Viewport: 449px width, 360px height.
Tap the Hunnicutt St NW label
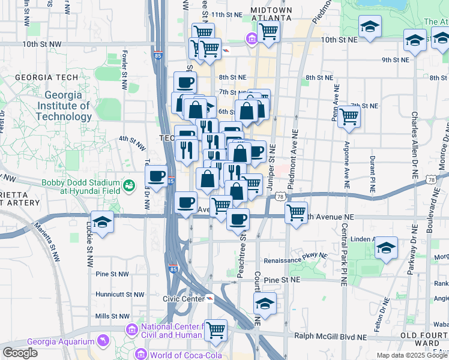tap(120, 295)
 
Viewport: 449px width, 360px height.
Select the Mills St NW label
tap(112, 316)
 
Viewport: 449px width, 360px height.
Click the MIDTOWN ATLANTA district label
tap(271, 14)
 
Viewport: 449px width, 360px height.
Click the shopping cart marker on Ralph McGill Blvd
tap(215, 329)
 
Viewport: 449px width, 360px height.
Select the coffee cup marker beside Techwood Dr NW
tap(157, 176)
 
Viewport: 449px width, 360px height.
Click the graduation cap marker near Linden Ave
tap(386, 247)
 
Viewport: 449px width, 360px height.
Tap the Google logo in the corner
tap(20, 353)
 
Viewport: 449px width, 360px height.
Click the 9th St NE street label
tap(395, 60)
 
